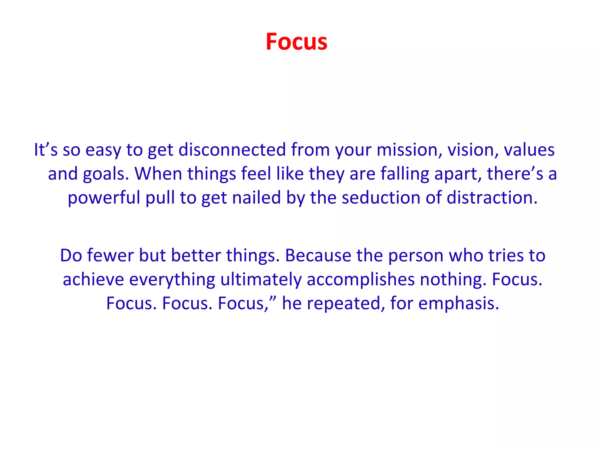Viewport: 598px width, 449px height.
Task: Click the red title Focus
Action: pos(296,42)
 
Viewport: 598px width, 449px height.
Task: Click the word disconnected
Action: pos(232,150)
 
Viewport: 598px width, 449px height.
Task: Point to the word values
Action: pos(529,150)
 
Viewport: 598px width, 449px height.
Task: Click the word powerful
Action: pos(104,198)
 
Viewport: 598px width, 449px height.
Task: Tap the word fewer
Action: pos(110,255)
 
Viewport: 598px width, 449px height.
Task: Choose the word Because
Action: pos(318,255)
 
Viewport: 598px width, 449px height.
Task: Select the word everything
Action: pos(172,280)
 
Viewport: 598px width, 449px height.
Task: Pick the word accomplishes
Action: pos(361,280)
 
